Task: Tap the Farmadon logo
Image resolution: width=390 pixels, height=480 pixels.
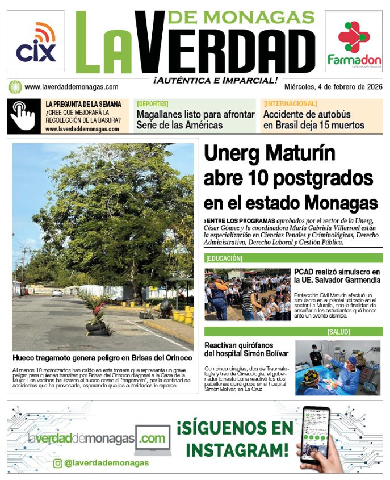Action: pyautogui.click(x=353, y=43)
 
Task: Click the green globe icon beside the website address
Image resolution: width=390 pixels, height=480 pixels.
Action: pyautogui.click(x=15, y=87)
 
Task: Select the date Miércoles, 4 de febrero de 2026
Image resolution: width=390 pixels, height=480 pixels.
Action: pyautogui.click(x=333, y=87)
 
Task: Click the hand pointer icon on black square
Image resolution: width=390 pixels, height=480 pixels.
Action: pyautogui.click(x=23, y=116)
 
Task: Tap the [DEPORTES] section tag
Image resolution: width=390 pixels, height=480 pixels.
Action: pyautogui.click(x=153, y=104)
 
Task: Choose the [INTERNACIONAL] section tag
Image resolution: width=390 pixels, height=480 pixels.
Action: pyautogui.click(x=290, y=104)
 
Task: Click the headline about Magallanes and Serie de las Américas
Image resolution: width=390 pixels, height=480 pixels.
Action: pyautogui.click(x=195, y=120)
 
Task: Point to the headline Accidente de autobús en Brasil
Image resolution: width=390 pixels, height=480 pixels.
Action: pyautogui.click(x=314, y=120)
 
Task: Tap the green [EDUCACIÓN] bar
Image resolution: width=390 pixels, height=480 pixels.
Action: pyautogui.click(x=293, y=258)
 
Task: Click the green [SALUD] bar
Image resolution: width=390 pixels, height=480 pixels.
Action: pyautogui.click(x=293, y=331)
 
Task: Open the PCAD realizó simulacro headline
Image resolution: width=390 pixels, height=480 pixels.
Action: pyautogui.click(x=337, y=276)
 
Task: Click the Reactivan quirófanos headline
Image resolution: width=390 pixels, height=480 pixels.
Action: pyautogui.click(x=248, y=350)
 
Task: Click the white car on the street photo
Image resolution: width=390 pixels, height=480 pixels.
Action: pyautogui.click(x=57, y=293)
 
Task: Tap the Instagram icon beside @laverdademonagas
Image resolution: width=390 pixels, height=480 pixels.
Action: pyautogui.click(x=57, y=463)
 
